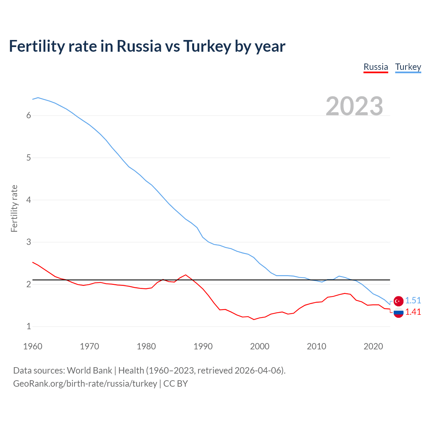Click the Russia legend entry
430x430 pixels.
click(376, 67)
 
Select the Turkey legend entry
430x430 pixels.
click(408, 67)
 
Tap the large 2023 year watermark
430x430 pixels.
click(354, 106)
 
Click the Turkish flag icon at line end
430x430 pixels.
click(398, 301)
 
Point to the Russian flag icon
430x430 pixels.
click(398, 313)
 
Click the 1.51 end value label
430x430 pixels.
click(413, 300)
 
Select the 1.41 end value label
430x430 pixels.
click(413, 312)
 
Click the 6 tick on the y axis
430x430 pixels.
click(29, 116)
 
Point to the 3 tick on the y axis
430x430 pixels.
click(29, 242)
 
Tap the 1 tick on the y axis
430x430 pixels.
click(29, 326)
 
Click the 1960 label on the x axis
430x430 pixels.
click(33, 346)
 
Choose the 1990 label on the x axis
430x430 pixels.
click(203, 346)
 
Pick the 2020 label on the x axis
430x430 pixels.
click(373, 346)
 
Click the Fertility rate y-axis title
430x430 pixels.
click(14, 208)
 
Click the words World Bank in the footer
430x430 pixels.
click(89, 371)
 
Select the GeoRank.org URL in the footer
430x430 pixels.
click(85, 384)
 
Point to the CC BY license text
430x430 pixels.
click(175, 384)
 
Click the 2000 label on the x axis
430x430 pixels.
click(260, 346)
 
